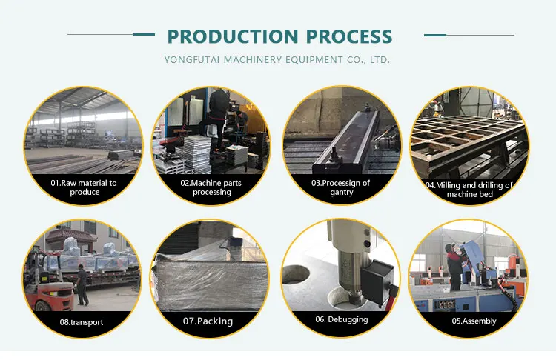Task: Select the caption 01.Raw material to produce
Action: click(83, 187)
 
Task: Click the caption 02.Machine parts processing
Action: click(211, 187)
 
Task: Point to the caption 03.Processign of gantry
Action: click(340, 187)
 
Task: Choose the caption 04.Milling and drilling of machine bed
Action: click(469, 190)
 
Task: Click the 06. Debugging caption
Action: click(341, 319)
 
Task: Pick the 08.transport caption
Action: click(82, 322)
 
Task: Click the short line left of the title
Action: click(144, 35)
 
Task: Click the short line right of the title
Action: click(435, 35)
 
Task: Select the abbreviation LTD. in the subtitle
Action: click(379, 59)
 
